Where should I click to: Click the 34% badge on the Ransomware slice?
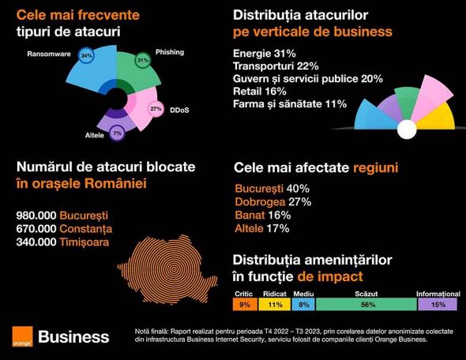[x=87, y=57]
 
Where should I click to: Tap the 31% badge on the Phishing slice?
[x=142, y=61]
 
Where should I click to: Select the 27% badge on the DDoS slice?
[x=156, y=109]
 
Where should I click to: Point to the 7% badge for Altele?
[x=117, y=134]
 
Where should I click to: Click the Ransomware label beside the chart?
[x=49, y=55]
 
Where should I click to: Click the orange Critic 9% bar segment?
[x=244, y=304]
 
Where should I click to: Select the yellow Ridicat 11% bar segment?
[x=275, y=304]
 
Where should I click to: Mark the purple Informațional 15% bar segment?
[x=438, y=304]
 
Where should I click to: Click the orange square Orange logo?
[x=21, y=336]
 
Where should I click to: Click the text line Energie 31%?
[x=269, y=53]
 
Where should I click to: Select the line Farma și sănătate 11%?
[x=290, y=103]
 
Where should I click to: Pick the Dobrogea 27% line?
[x=273, y=201]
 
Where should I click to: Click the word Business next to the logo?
[x=73, y=337]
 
